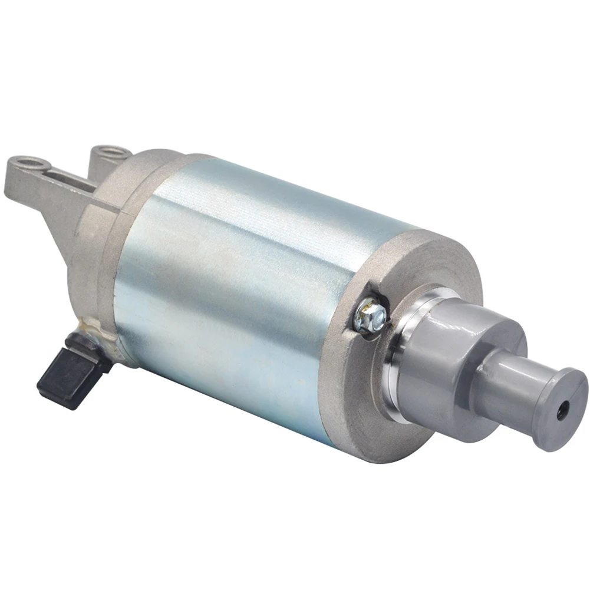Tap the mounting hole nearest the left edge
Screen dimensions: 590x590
click(x=28, y=161)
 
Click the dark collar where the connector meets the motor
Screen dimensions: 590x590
click(x=88, y=345)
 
